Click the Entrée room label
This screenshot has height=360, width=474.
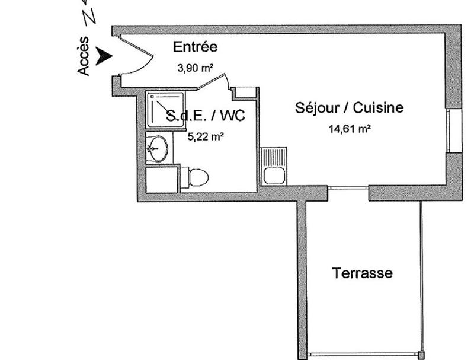click(x=195, y=47)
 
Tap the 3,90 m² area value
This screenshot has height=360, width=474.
click(x=195, y=68)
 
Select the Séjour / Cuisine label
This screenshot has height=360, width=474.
click(x=350, y=108)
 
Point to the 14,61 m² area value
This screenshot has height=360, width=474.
click(x=350, y=128)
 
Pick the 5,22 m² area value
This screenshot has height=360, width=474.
click(x=206, y=136)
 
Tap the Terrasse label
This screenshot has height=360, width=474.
click(x=362, y=273)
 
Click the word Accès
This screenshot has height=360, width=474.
click(x=84, y=56)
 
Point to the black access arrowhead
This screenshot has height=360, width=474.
click(x=105, y=56)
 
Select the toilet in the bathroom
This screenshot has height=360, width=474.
click(x=196, y=177)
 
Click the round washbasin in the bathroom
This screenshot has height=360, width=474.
click(x=158, y=148)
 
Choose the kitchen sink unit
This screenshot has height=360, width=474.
click(x=274, y=167)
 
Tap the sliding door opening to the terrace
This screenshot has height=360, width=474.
click(x=348, y=189)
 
